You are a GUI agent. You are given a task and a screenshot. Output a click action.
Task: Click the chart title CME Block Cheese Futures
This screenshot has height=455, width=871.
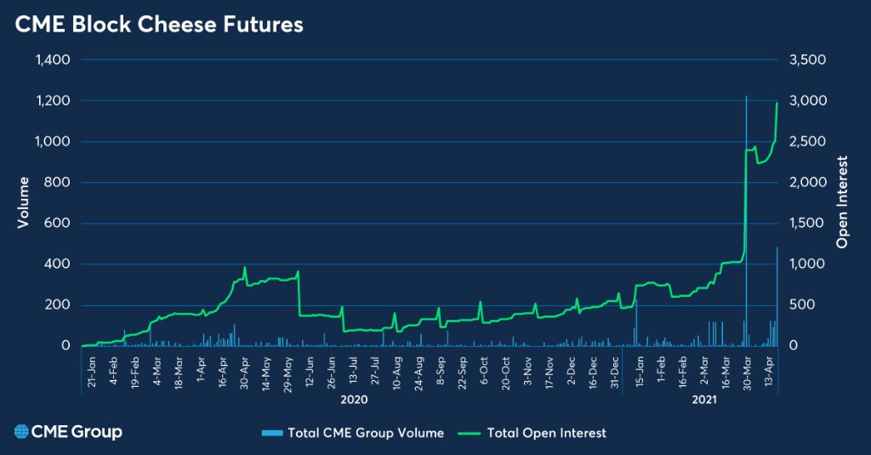159,26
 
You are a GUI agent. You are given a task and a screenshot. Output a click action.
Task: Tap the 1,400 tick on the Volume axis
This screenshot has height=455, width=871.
52,60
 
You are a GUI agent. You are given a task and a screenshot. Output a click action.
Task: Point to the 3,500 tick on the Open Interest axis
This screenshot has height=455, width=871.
806,60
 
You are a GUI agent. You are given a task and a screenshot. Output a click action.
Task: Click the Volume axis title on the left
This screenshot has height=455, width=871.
25,202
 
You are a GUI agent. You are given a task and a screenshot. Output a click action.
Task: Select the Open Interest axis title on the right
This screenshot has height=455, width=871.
843,202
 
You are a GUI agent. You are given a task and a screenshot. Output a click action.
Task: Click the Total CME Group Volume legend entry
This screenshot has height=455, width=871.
353,433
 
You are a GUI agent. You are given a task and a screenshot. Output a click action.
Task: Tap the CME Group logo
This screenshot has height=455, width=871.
68,432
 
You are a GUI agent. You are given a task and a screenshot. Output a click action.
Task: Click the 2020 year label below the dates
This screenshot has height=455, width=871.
353,398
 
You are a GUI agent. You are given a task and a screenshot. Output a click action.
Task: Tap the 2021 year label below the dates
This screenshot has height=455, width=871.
702,398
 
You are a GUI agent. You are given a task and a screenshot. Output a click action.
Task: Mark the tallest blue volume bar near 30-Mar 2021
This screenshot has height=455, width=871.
746,221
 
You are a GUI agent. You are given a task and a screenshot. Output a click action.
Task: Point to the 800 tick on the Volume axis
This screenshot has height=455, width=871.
57,182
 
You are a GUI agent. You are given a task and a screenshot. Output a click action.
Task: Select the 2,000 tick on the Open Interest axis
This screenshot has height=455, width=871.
806,182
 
